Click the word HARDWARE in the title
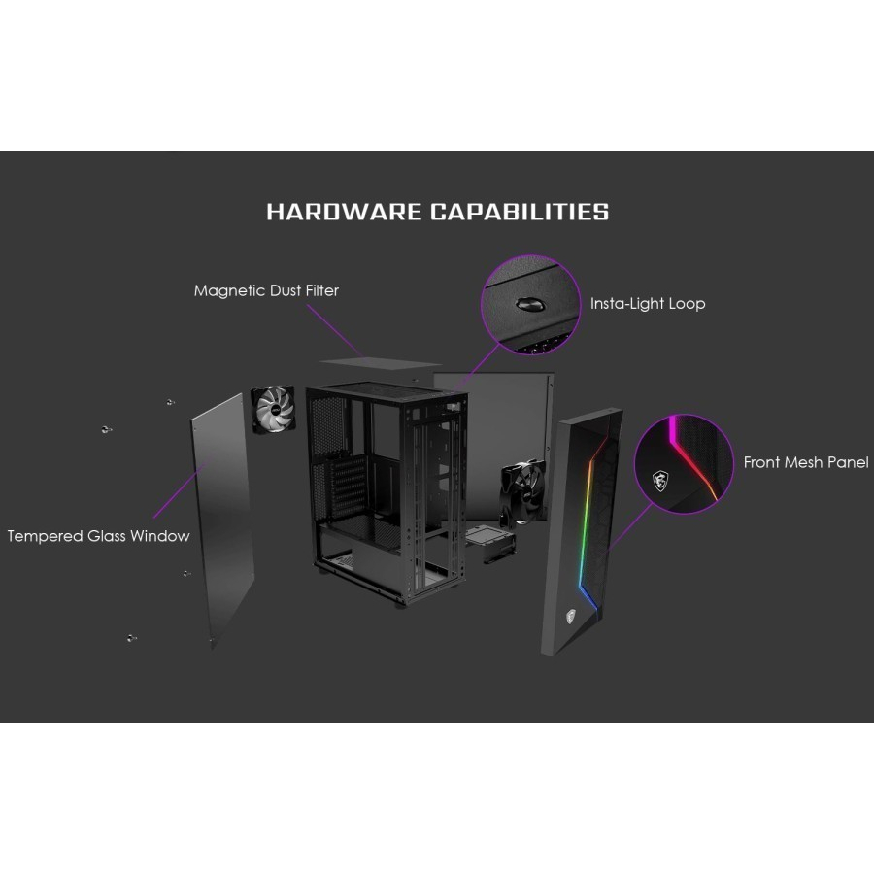coord(343,212)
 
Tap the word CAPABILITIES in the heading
coord(520,212)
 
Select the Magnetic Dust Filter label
coord(266,290)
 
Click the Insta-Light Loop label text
coord(648,303)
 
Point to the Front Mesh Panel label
coord(806,462)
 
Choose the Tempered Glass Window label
coord(98,536)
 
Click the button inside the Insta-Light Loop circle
coord(530,304)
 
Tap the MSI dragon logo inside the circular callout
coord(660,478)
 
